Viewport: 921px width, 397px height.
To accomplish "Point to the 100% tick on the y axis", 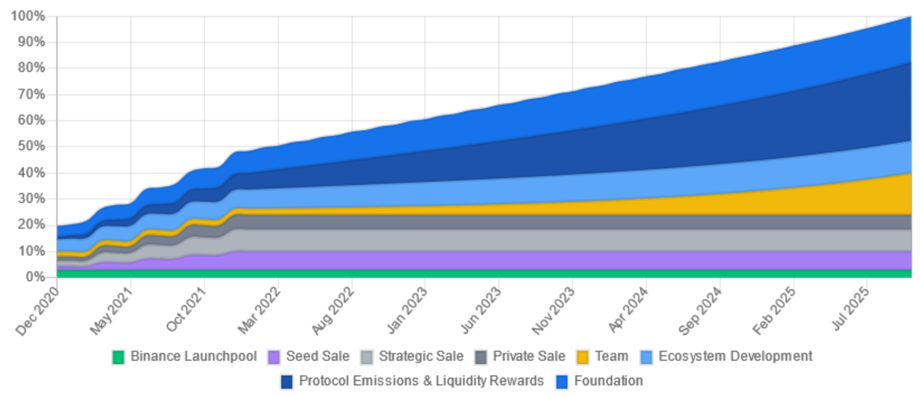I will (x=29, y=17).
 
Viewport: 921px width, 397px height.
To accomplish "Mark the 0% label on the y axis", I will (x=35, y=276).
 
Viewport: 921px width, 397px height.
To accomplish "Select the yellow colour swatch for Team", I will (x=583, y=357).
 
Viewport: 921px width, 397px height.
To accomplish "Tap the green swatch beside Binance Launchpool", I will (x=118, y=357).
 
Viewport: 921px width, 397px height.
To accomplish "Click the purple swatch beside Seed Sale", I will (x=274, y=357).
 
